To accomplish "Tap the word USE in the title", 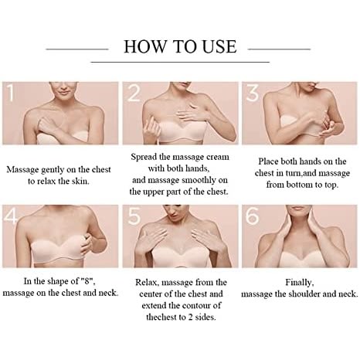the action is (x=219, y=46).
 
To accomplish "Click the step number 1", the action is (x=10, y=92).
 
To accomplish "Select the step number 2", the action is (x=134, y=92).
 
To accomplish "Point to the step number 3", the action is (x=253, y=92).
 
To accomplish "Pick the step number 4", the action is (x=11, y=216).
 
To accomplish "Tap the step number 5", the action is (x=134, y=216).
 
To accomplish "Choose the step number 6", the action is (x=253, y=216).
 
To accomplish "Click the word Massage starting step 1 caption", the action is (x=22, y=170).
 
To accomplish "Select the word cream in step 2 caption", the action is (x=216, y=157).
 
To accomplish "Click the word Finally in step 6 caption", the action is (x=300, y=283).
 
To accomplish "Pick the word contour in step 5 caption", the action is (x=196, y=306).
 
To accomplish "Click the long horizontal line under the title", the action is (x=180, y=62).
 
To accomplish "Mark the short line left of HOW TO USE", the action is (x=77, y=49).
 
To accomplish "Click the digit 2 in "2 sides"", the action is (x=190, y=318).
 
